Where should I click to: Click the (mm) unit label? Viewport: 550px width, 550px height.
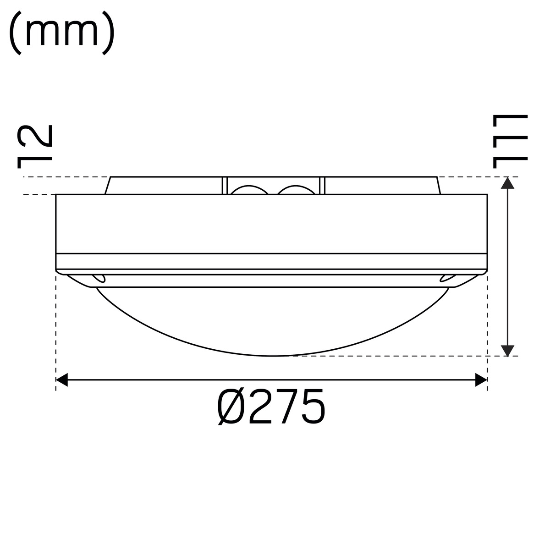(x=62, y=33)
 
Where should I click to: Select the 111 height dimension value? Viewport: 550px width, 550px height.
(x=510, y=142)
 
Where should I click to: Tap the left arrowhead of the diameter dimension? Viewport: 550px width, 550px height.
(x=62, y=380)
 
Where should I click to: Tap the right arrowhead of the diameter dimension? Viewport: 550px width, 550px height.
(x=481, y=380)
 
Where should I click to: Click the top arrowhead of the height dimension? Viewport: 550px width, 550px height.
(x=507, y=183)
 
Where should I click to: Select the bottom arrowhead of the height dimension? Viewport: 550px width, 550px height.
(x=507, y=351)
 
